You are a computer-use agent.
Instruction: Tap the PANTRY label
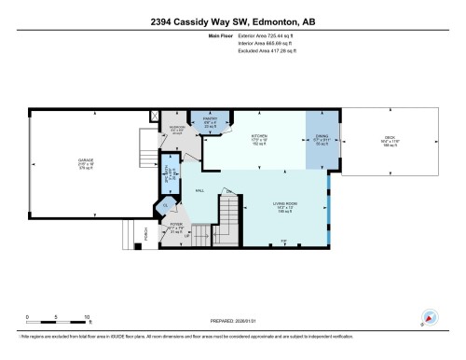click(x=210, y=118)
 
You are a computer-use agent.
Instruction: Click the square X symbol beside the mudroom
click(x=155, y=117)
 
